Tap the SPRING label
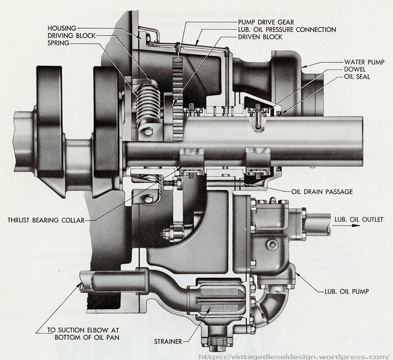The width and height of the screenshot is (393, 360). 59,43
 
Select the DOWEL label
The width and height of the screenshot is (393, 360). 355,69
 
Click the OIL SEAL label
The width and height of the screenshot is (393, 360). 357,77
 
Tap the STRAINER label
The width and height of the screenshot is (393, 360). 168,341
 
